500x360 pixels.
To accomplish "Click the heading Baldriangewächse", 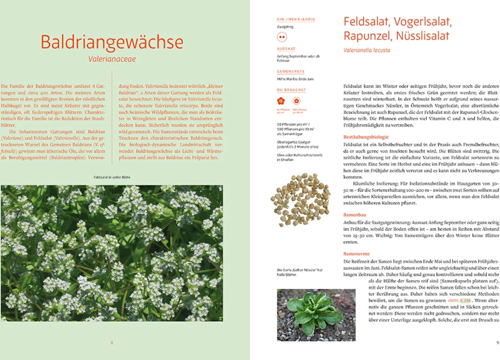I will (x=112, y=42).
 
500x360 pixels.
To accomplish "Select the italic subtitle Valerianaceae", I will (x=112, y=59).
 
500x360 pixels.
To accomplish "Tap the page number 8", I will (x=112, y=343).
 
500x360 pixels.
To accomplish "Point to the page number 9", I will (x=498, y=343).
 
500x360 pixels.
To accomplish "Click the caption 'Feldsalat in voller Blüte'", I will (x=112, y=177).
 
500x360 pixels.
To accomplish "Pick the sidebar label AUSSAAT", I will (x=286, y=49).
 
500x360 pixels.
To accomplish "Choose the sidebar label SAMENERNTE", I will (x=290, y=71).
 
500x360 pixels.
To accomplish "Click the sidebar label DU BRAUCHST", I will (x=291, y=90).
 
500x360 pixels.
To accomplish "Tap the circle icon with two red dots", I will (x=282, y=37).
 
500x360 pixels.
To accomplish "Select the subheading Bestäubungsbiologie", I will (x=366, y=137).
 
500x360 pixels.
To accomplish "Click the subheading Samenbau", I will (x=355, y=215).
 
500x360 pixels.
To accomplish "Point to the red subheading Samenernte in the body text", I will (x=356, y=254).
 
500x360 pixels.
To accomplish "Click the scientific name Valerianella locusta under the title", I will (x=367, y=50).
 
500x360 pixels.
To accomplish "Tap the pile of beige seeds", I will (x=300, y=199).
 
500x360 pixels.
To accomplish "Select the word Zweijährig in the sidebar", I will (x=285, y=27).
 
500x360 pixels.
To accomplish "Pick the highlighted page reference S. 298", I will (x=465, y=301).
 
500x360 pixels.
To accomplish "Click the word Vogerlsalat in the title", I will (x=422, y=22).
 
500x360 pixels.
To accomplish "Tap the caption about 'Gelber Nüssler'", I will (x=299, y=272).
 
